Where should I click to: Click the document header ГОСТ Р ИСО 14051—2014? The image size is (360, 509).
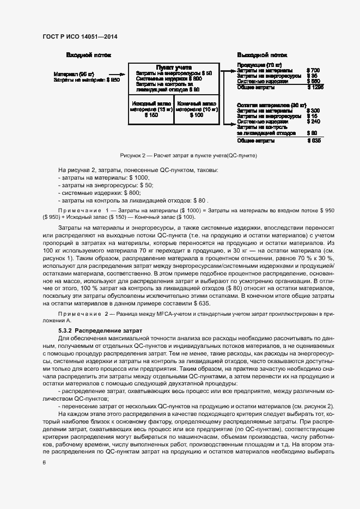tap(80, 36)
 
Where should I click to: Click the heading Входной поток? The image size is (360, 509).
tap(89, 55)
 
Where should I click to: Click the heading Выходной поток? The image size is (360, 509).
tap(262, 55)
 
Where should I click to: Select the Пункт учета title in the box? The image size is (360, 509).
tap(173, 67)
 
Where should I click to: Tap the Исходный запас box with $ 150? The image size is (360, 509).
tap(151, 109)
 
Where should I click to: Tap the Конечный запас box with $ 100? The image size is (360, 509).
tap(196, 109)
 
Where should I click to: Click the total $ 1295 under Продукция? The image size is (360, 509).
tap(315, 87)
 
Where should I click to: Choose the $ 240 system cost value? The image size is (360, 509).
tap(313, 121)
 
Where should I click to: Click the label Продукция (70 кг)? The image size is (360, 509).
tap(259, 65)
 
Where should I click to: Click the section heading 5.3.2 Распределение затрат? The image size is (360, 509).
tap(100, 330)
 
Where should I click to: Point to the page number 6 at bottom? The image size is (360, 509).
tap(44, 462)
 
